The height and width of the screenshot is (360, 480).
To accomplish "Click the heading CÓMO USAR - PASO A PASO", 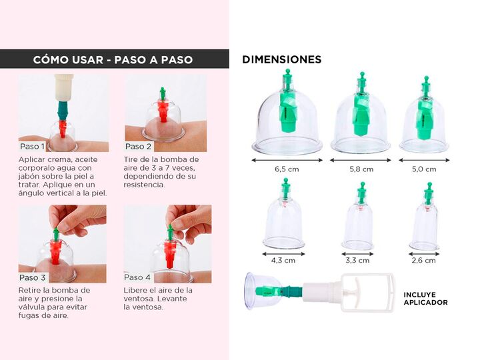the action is pyautogui.click(x=113, y=59).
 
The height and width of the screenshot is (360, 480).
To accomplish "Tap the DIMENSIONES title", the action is pyautogui.click(x=281, y=59).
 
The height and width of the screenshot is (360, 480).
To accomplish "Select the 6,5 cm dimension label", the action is pyautogui.click(x=287, y=169).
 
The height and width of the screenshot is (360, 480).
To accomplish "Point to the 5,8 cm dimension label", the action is pyautogui.click(x=361, y=169).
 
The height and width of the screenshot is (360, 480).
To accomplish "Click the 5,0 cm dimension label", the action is pyautogui.click(x=424, y=169).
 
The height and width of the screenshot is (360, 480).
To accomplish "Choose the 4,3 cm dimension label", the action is pyautogui.click(x=283, y=261).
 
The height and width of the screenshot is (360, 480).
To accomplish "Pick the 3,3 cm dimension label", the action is pyautogui.click(x=357, y=261).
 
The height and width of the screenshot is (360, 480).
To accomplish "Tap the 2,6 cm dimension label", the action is pyautogui.click(x=424, y=261).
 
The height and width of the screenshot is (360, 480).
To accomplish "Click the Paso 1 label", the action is pyautogui.click(x=32, y=146).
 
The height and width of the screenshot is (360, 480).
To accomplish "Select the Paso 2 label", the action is pyautogui.click(x=139, y=146).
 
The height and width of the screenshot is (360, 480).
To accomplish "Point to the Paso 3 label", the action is pyautogui.click(x=32, y=277).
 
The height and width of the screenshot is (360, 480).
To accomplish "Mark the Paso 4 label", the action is pyautogui.click(x=137, y=277).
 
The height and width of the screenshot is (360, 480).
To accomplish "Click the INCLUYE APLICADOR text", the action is pyautogui.click(x=425, y=299).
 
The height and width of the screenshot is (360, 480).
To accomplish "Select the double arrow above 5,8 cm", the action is pyautogui.click(x=361, y=160).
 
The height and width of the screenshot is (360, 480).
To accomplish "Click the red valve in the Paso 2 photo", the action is pyautogui.click(x=163, y=111).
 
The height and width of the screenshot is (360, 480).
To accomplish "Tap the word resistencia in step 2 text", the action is pyautogui.click(x=144, y=185).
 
